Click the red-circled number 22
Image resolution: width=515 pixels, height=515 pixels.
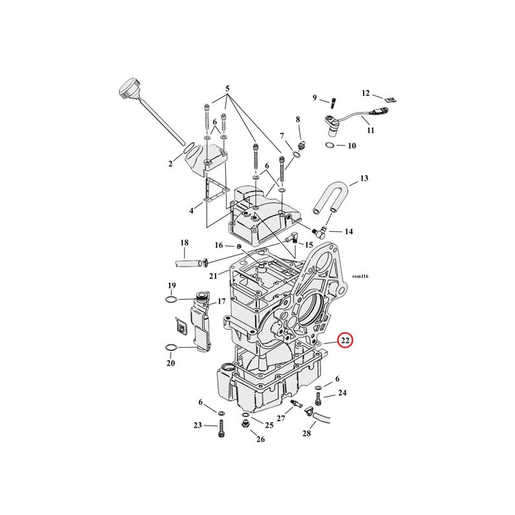click(345, 341)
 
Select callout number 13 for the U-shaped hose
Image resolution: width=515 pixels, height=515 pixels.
click(364, 178)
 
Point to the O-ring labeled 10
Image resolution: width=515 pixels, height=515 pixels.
click(330, 145)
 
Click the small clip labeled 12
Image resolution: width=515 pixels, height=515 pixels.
click(391, 100)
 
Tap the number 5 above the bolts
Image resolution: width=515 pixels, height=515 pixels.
click(227, 88)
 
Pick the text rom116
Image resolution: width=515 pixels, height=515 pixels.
click(360, 276)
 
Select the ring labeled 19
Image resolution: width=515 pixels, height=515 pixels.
click(171, 299)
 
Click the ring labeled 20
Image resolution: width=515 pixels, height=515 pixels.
click(171, 347)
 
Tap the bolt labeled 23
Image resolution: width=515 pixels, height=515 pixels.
click(221, 429)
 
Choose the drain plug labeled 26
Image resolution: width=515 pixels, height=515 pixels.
click(244, 424)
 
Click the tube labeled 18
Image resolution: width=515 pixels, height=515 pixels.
click(189, 263)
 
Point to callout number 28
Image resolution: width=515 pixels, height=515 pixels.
click(306, 433)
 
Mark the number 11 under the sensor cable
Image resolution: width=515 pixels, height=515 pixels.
click(371, 131)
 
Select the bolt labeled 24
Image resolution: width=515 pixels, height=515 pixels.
click(317, 399)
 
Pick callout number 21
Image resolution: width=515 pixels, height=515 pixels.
click(213, 276)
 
